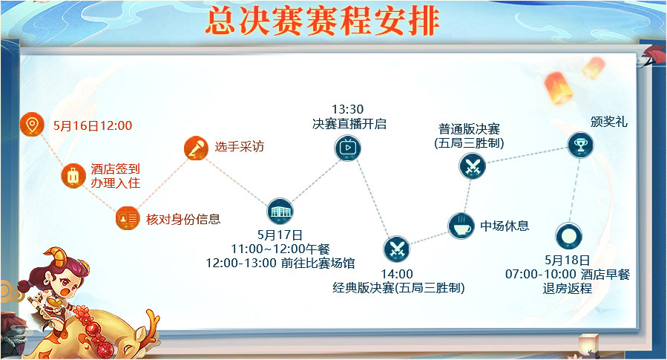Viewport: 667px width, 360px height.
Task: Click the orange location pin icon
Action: click(x=32, y=125)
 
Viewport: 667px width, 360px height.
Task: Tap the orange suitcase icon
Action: click(x=73, y=175)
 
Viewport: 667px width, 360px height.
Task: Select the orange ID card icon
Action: click(x=128, y=218)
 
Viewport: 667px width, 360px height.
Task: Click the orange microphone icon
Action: click(x=196, y=148)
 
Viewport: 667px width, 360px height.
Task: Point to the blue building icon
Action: click(x=280, y=211)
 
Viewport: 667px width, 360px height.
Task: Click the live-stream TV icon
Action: click(x=347, y=148)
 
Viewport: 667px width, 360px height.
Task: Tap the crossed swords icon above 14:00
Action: click(x=396, y=249)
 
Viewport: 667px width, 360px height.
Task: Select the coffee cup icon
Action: click(x=461, y=226)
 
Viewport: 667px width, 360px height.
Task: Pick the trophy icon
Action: click(x=581, y=145)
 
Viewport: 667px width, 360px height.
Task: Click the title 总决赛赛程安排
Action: click(x=323, y=21)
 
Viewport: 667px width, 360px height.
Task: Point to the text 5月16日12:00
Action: click(x=93, y=125)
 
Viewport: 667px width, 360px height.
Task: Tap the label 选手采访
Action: click(x=239, y=147)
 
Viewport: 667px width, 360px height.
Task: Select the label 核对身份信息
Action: click(x=183, y=219)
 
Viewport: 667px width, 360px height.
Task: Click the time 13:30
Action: click(x=347, y=109)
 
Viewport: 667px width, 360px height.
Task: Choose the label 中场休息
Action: click(x=505, y=226)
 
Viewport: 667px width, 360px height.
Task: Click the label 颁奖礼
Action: click(x=608, y=122)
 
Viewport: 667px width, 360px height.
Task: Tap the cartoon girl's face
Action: click(x=64, y=283)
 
